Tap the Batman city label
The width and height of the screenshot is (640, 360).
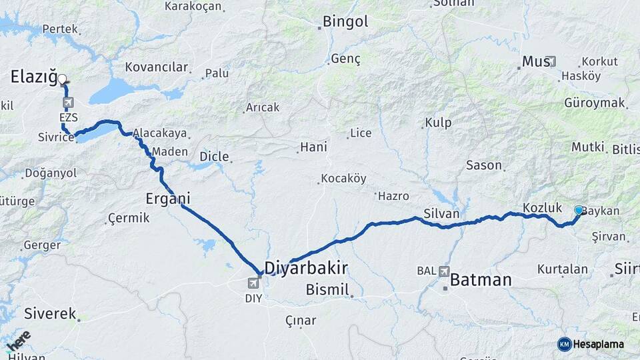(x=481, y=279)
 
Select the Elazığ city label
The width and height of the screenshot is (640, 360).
(x=34, y=77)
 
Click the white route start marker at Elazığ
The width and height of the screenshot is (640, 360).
(x=62, y=79)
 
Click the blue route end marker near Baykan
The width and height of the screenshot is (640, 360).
(x=579, y=210)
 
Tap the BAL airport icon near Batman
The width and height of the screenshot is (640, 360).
(x=445, y=271)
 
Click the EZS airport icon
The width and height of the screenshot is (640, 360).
(x=68, y=103)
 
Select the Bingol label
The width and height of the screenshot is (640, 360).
(x=345, y=21)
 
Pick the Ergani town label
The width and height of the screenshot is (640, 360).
(x=168, y=198)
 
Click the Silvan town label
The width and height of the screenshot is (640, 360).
(x=441, y=214)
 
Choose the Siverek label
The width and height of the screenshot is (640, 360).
(x=50, y=313)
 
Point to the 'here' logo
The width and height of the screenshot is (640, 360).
(x=18, y=340)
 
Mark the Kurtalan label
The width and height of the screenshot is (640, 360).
(x=563, y=269)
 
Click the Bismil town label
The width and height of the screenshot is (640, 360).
(x=327, y=289)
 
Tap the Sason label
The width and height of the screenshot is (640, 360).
(x=484, y=165)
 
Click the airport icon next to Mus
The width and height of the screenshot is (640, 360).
(x=551, y=61)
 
